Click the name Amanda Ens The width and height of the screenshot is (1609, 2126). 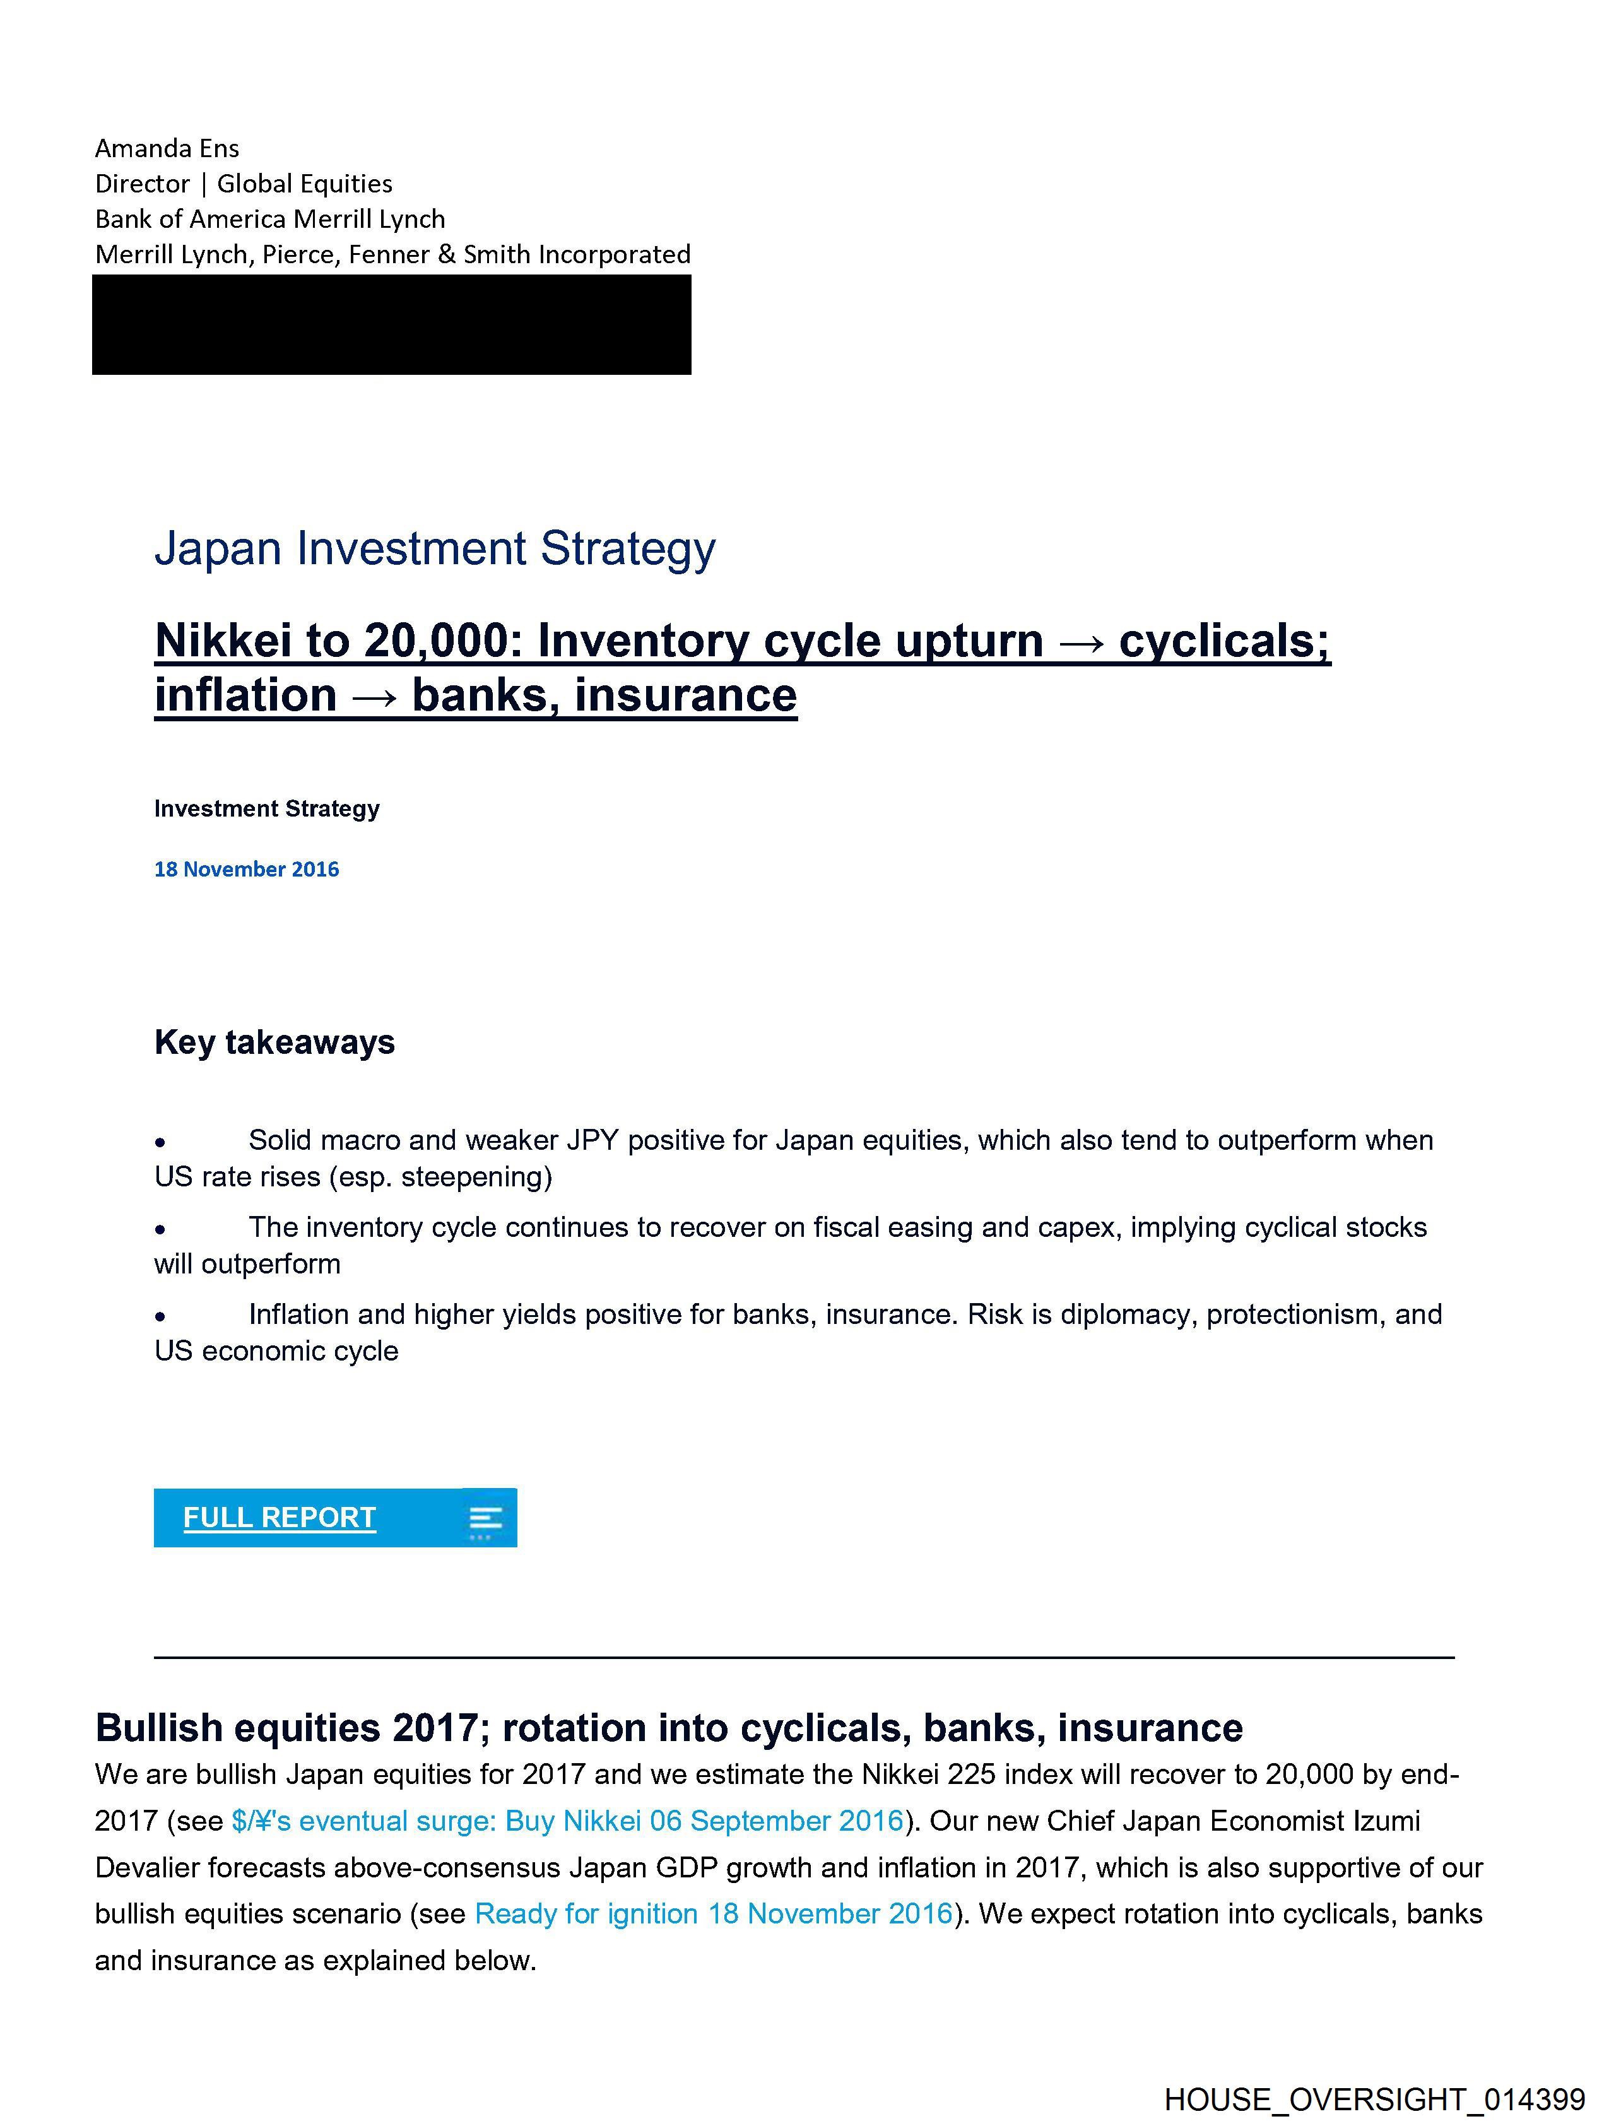[167, 148]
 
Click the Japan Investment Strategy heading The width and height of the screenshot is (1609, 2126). [435, 549]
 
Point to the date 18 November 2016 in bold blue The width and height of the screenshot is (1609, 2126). [246, 869]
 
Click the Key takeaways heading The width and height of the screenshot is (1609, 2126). [274, 1042]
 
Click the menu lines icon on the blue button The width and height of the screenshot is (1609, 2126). [485, 1518]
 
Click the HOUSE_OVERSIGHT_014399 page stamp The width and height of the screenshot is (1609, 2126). [1374, 2100]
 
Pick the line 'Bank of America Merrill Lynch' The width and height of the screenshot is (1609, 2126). [270, 219]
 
